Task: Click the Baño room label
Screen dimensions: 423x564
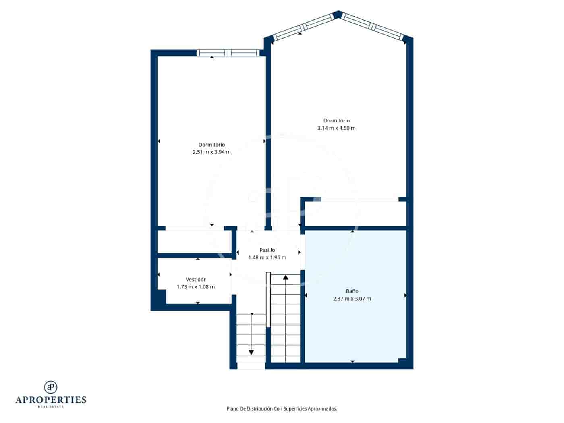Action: pos(352,291)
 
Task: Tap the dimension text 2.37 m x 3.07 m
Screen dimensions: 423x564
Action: pos(352,299)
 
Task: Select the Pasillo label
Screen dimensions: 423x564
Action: pos(267,250)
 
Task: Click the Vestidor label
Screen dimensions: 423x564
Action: pos(195,279)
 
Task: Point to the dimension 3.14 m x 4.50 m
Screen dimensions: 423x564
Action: pos(336,128)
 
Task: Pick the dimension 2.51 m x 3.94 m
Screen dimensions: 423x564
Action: pos(211,152)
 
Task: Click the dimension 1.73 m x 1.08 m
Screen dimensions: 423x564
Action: pos(195,287)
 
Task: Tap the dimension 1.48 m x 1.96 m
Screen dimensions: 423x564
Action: pos(267,257)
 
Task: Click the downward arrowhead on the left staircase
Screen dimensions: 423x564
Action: pos(251,352)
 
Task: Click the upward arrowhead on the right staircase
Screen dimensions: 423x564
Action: pos(286,277)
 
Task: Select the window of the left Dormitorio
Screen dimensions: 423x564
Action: pos(228,53)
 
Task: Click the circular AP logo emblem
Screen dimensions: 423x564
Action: pos(51,387)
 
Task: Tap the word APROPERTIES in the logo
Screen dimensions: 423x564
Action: pos(51,400)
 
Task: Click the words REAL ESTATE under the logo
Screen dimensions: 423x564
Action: pos(51,407)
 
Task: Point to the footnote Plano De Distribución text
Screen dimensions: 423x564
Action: pos(282,408)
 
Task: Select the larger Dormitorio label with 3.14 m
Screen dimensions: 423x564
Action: pos(336,120)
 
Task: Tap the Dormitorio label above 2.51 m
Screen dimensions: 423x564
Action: pos(211,145)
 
